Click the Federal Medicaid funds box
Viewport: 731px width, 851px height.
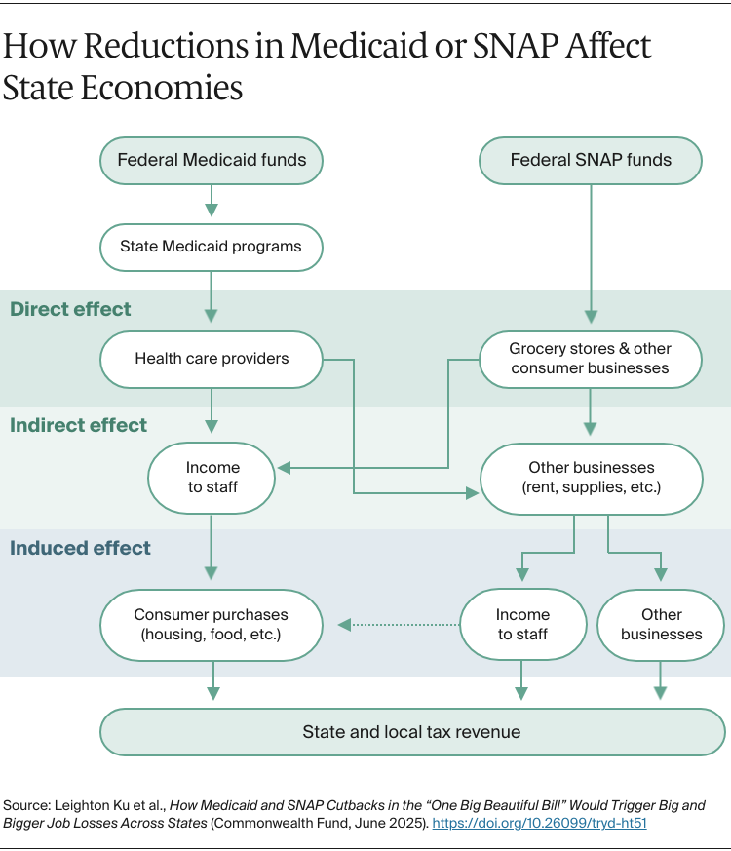click(x=212, y=160)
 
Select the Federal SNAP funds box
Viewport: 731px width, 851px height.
click(x=591, y=160)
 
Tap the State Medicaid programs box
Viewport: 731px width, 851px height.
click(x=212, y=247)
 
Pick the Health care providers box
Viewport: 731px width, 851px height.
click(x=212, y=359)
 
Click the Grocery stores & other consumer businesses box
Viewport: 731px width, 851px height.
click(x=591, y=359)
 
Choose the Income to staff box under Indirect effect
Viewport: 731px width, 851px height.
click(x=212, y=478)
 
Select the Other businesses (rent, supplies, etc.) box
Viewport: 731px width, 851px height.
click(x=591, y=478)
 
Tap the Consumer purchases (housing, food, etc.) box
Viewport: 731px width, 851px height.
click(x=212, y=624)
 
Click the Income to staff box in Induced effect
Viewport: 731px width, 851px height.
click(x=522, y=624)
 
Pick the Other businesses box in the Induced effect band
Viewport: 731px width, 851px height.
click(x=661, y=624)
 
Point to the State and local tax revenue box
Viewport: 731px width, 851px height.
click(x=411, y=731)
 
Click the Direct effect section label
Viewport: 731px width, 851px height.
click(x=70, y=309)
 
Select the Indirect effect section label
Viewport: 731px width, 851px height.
click(x=79, y=425)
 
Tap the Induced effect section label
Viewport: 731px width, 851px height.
click(x=81, y=548)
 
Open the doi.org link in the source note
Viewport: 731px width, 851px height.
click(x=540, y=823)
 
